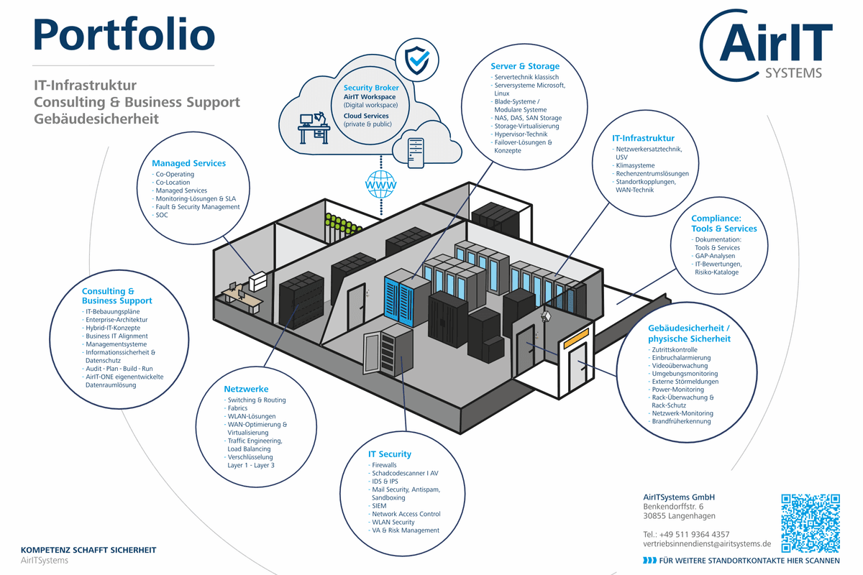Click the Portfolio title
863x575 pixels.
point(124,34)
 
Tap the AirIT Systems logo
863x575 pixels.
point(766,45)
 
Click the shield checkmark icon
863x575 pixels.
point(417,60)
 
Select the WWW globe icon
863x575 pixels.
point(380,185)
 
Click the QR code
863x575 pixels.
point(811,523)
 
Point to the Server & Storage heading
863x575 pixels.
point(525,66)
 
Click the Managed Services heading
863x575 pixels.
point(188,163)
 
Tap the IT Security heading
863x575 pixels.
point(390,454)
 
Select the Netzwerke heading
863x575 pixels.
point(246,389)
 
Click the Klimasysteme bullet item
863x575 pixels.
point(634,165)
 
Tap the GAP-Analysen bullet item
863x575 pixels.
point(713,256)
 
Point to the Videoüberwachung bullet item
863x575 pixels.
point(678,366)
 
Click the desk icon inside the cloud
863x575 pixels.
point(314,128)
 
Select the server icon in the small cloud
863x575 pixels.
point(416,153)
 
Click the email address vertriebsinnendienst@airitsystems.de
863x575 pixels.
point(707,544)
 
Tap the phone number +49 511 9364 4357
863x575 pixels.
point(694,534)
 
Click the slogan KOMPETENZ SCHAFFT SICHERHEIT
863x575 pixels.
point(88,550)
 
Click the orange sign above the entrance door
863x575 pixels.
point(576,339)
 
